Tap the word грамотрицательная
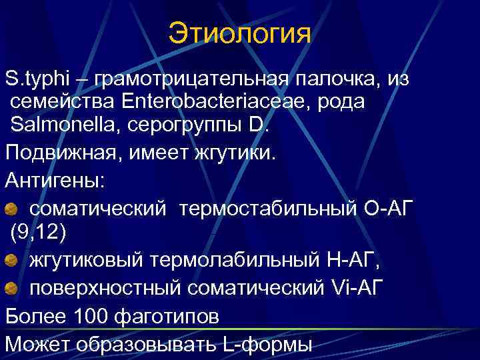tap(192, 80)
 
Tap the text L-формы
tap(265, 344)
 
